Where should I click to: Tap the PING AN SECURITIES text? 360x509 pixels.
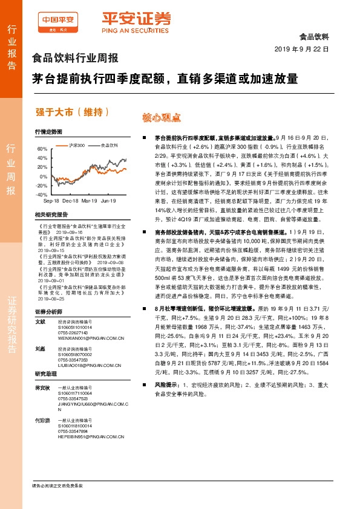126,31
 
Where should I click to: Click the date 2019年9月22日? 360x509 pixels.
301,48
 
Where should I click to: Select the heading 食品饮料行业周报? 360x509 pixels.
74,59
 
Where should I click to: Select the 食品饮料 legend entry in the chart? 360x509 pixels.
109,145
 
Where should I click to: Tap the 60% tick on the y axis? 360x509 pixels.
42,149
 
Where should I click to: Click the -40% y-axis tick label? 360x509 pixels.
41,195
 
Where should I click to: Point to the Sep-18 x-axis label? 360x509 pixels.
51,199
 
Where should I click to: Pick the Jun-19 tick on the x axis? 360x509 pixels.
108,199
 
